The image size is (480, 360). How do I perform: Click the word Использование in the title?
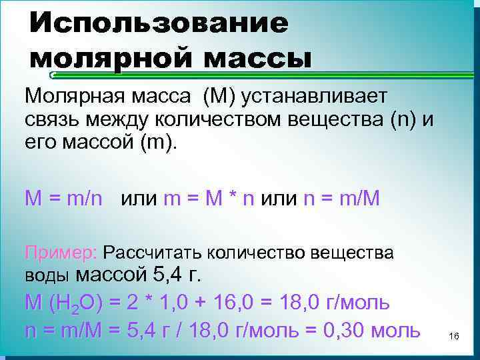(x=159, y=25)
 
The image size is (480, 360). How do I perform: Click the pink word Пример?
(x=61, y=253)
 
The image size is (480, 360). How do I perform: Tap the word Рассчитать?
(x=153, y=253)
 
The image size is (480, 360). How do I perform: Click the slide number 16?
(x=455, y=337)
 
